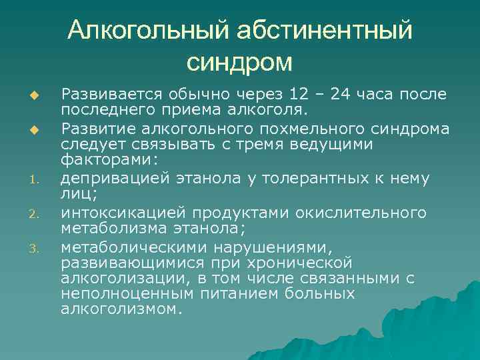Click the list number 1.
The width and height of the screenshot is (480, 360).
[39, 179]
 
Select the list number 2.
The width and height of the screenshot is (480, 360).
[39, 214]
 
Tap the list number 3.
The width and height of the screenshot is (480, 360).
[39, 247]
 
